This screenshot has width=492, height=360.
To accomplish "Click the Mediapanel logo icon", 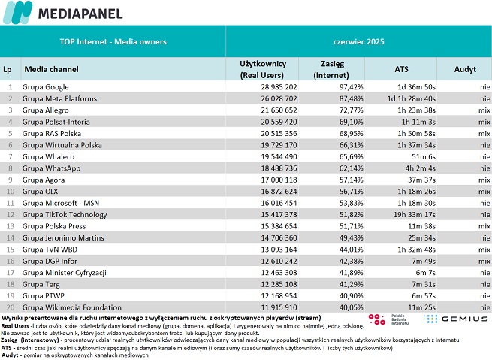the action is coord(17,12).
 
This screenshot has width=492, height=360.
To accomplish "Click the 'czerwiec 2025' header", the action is coord(358,42).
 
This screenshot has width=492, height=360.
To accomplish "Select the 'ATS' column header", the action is coord(401,69).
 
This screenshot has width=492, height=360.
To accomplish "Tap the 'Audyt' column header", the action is coord(465,69).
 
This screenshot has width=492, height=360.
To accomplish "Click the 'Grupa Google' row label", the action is coord(46,87).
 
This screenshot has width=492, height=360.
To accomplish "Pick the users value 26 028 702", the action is coord(279,99).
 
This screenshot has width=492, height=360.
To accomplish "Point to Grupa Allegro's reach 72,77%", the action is coord(351,110).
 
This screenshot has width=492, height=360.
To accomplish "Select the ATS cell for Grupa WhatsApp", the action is coord(420,168).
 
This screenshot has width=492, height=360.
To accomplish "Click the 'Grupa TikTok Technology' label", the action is coord(65,215).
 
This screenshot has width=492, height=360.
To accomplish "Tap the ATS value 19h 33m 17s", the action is coord(415,215).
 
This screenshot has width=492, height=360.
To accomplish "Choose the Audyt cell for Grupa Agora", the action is coord(484,180).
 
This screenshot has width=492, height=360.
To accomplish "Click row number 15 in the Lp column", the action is coord(11,250).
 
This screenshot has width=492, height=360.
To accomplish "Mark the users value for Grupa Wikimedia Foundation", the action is coord(279,307).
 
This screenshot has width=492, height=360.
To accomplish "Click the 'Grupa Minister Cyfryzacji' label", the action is coord(65,273).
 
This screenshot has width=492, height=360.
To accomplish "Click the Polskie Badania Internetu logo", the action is coord(389,319).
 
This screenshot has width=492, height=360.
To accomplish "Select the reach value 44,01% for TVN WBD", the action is coord(351,250).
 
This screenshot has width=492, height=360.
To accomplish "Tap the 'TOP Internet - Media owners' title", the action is coord(113,42).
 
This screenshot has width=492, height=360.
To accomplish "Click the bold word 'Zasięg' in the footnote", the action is coord(9,340).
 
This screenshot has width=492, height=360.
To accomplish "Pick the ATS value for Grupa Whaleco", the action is coord(424,156).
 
